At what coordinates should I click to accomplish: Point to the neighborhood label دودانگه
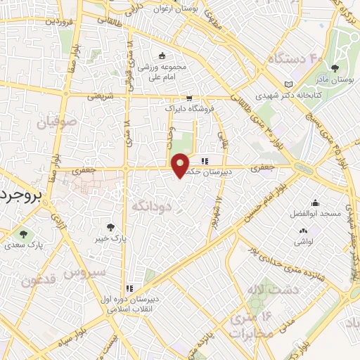pyautogui.click(x=150, y=207)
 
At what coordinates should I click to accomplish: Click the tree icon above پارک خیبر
pyautogui.click(x=110, y=226)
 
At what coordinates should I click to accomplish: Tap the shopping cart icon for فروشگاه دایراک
pyautogui.click(x=188, y=98)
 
